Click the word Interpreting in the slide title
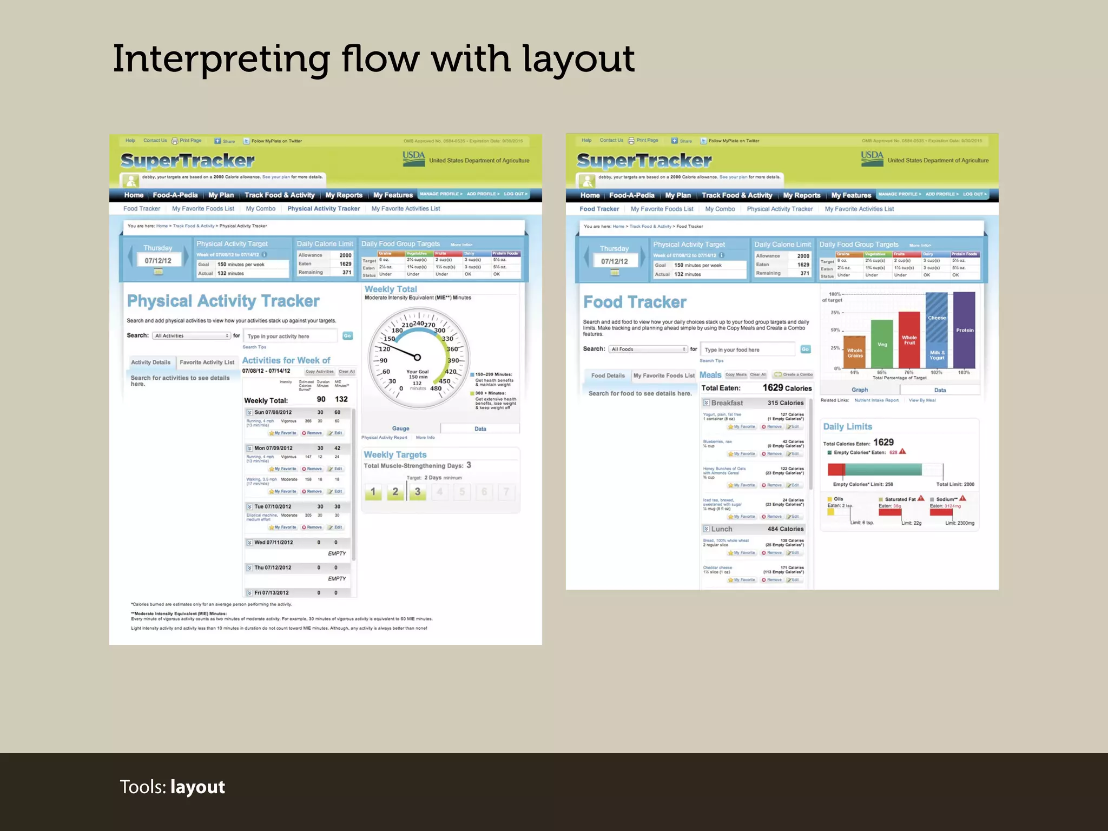pos(221,60)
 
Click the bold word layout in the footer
pos(197,787)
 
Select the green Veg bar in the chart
pos(882,344)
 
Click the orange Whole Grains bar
pos(855,352)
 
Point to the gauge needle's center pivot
pos(417,357)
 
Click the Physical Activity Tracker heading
pos(223,301)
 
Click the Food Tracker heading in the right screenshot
pos(635,302)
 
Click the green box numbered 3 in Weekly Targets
pos(417,492)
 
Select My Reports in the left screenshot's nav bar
pos(344,195)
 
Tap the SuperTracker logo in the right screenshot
pos(644,161)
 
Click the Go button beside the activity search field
pos(347,336)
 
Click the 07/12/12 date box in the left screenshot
pos(157,261)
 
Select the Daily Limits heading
pos(847,426)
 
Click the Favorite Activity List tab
pos(207,362)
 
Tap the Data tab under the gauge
pos(480,428)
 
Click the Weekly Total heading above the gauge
pos(391,289)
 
